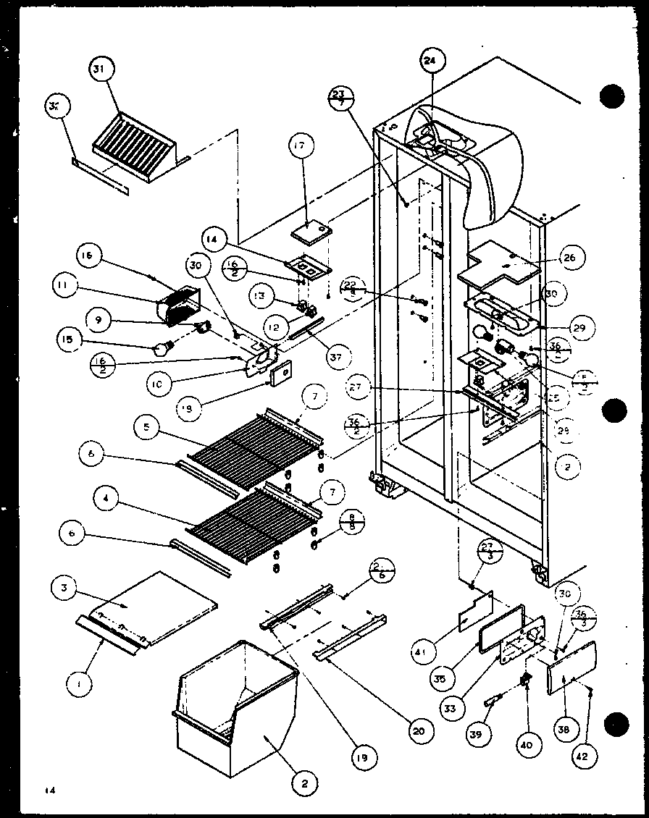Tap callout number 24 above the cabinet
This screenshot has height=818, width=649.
click(x=430, y=62)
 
